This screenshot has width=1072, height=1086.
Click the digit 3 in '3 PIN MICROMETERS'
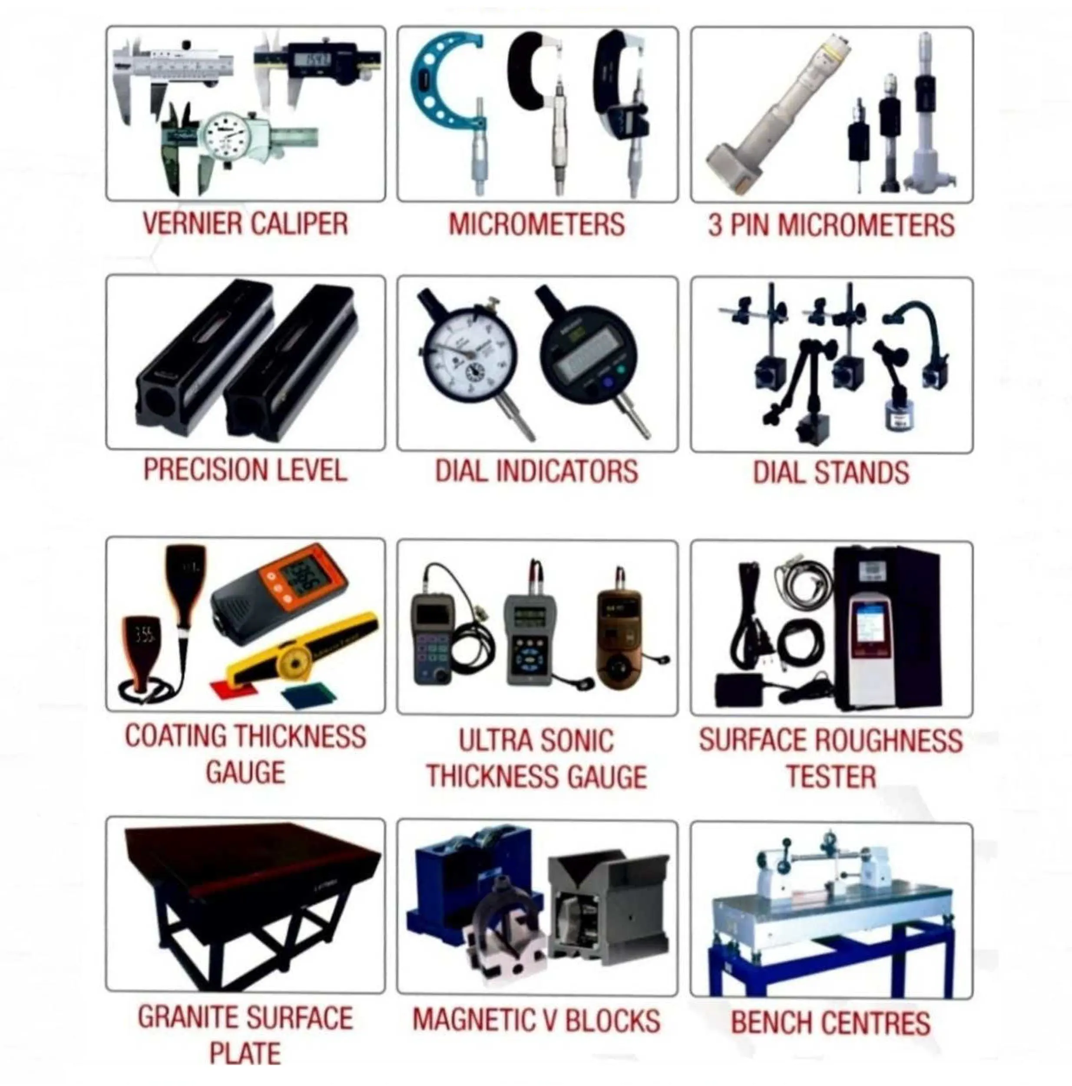[x=715, y=225]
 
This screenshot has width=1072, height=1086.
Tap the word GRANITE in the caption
[x=189, y=1017]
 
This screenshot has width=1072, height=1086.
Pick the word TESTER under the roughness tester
[x=831, y=776]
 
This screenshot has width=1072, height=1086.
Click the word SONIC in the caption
[x=577, y=740]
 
